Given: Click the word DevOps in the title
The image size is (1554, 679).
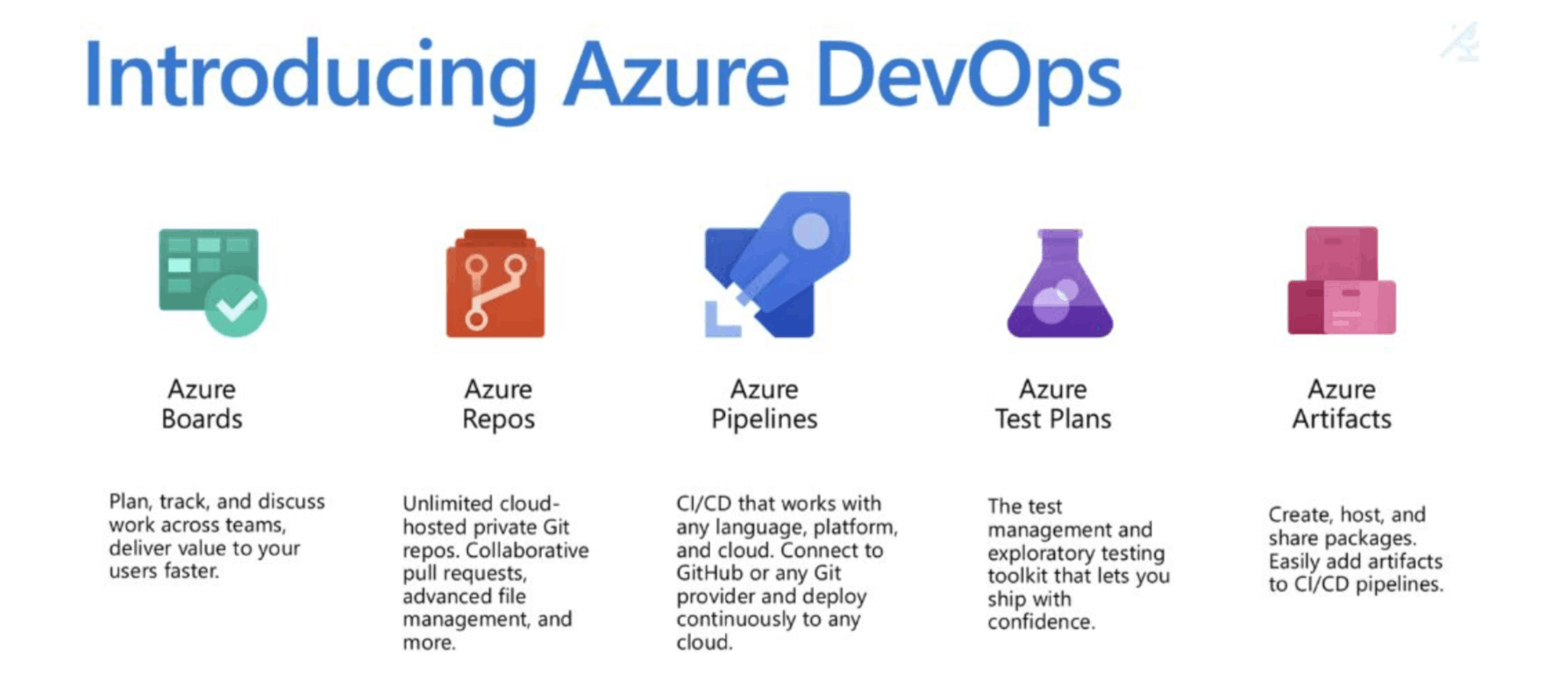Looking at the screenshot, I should click(x=967, y=77).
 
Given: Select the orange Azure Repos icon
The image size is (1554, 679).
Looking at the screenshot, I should click(x=495, y=283).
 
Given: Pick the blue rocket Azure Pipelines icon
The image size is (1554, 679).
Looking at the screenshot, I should click(x=778, y=265).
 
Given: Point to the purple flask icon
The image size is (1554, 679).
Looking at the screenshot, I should click(x=1059, y=285).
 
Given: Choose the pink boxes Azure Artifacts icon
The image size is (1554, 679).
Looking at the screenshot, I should click(x=1341, y=281).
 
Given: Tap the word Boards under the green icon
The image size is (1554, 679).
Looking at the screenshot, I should click(x=202, y=419).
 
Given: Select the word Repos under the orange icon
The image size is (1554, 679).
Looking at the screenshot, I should click(x=498, y=419).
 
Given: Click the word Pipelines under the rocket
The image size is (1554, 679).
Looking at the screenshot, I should click(x=764, y=419).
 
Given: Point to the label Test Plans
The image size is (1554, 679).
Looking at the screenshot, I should click(x=1052, y=419).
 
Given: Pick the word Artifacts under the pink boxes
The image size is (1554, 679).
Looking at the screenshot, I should click(x=1341, y=419).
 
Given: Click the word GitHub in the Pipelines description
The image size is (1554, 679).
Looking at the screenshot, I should click(x=709, y=573).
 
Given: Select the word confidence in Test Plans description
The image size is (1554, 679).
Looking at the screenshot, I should click(x=1040, y=622).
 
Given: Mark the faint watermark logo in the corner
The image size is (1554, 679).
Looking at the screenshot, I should click(x=1461, y=42).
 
